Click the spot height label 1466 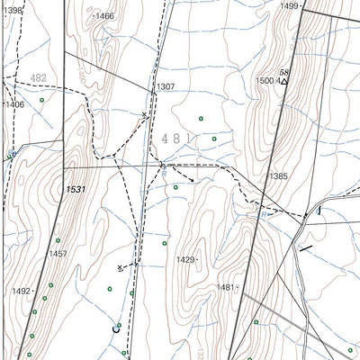point(104,16)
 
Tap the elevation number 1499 point(289,6)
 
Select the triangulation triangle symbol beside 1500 point(284,82)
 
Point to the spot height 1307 point(166,87)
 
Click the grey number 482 point(38,78)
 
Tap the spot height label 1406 point(14,104)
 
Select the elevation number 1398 point(12,9)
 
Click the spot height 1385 point(277,176)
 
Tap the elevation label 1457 point(58,254)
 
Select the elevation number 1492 point(22,291)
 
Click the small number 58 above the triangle point(284,71)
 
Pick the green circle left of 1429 point(165,243)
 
